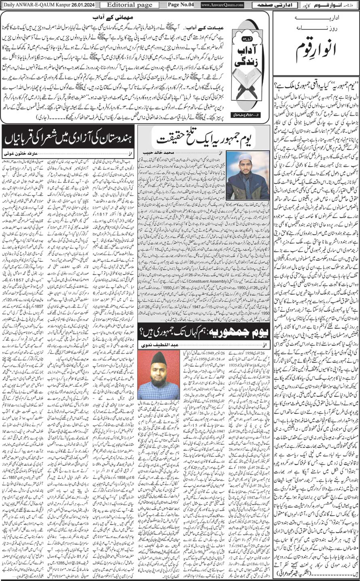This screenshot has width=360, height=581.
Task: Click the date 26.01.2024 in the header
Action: coord(79,5)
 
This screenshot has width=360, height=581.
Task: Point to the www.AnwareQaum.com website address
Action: coord(222,5)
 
